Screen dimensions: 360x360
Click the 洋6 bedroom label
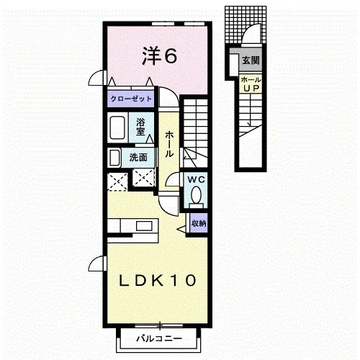(x=159, y=56)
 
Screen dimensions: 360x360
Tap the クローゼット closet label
(x=131, y=99)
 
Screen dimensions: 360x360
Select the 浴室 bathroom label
(x=140, y=127)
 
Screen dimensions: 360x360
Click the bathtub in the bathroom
(x=117, y=127)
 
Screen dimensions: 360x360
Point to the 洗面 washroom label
(x=138, y=158)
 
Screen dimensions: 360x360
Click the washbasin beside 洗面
(x=114, y=158)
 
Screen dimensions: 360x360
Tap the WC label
(x=197, y=179)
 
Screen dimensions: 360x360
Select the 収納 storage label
(x=199, y=223)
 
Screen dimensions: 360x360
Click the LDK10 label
(x=158, y=280)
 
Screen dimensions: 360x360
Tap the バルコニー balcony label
(x=159, y=338)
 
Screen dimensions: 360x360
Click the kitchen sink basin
(x=144, y=226)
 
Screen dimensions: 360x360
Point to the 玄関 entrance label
(x=251, y=60)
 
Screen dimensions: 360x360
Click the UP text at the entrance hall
(x=251, y=89)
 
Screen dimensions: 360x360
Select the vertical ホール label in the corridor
(x=169, y=144)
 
